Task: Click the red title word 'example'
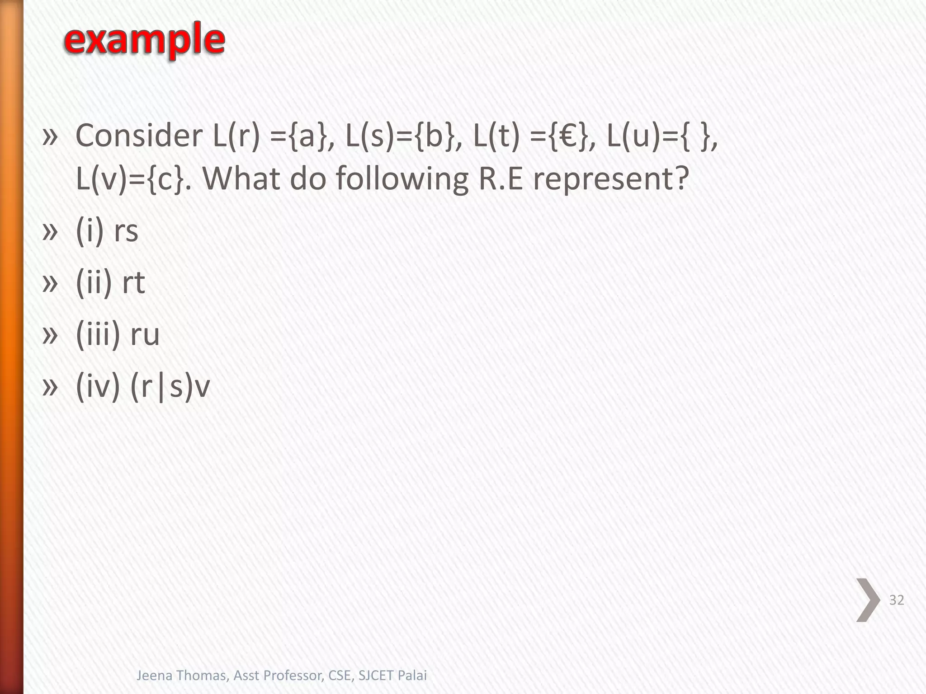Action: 144,40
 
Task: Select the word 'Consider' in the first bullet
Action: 139,136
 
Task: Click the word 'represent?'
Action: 611,178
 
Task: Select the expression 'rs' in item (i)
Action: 126,231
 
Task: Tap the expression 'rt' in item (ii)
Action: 133,283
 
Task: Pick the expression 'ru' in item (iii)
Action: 145,335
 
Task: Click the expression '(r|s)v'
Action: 170,387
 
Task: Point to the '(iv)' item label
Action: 98,387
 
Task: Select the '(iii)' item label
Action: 98,335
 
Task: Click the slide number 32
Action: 896,600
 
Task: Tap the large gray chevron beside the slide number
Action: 868,600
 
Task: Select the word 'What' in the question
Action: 242,178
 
